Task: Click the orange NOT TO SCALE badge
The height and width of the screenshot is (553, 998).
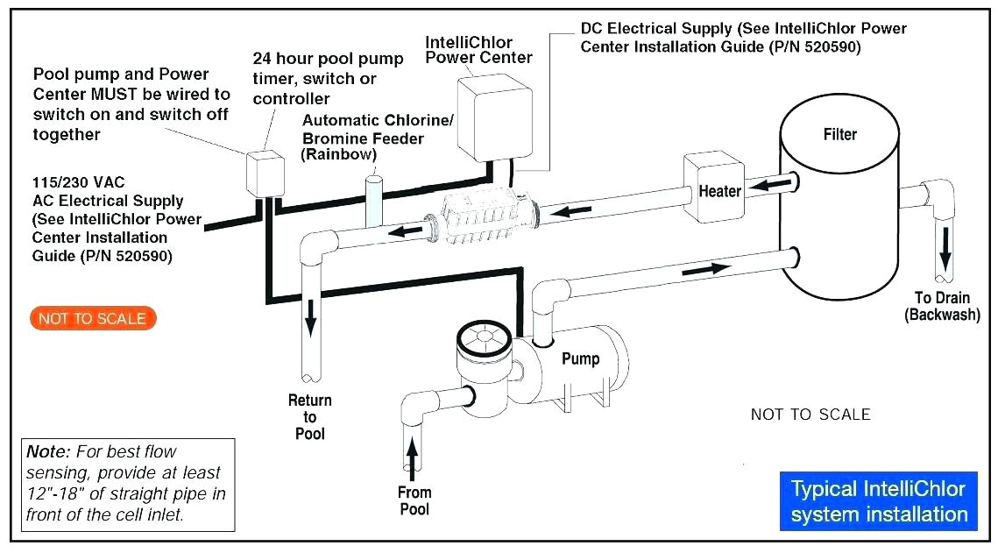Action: tap(92, 319)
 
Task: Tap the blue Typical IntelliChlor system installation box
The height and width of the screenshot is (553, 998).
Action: tap(878, 501)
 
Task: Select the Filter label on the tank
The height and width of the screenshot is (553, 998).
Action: tap(839, 135)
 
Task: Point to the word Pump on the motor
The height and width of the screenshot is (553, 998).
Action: tap(580, 358)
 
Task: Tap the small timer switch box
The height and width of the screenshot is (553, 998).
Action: tap(262, 174)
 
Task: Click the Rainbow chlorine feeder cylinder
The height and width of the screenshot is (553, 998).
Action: tap(373, 201)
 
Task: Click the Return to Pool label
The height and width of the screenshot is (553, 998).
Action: tap(310, 417)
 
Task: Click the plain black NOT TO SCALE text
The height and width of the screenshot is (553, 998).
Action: tap(810, 415)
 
